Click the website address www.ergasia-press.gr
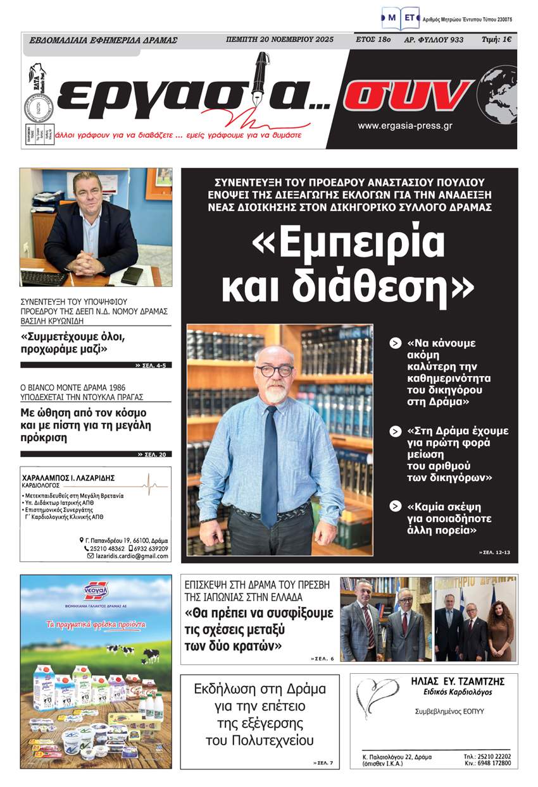click(404, 126)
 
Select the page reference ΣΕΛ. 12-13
click(493, 553)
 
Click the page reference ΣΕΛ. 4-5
click(153, 365)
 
